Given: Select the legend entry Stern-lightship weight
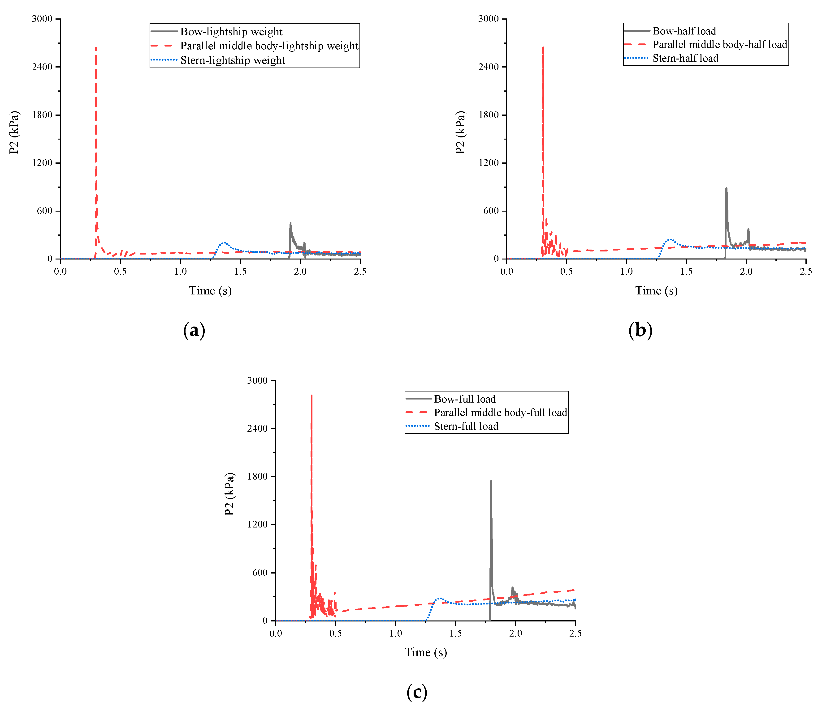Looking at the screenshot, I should (x=233, y=60).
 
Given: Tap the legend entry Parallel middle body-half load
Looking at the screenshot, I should (x=720, y=44).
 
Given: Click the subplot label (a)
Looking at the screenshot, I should (x=194, y=330).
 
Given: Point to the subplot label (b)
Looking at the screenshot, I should (x=640, y=330).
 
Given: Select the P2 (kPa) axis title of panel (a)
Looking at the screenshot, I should (x=14, y=132).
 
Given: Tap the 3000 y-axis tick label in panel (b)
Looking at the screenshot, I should (x=488, y=19).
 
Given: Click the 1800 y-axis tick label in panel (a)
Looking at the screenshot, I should (x=42, y=115).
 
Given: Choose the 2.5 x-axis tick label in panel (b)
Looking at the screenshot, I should (x=806, y=272).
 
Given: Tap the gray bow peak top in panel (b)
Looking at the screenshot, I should (x=726, y=189).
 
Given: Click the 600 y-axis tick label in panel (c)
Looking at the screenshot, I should (x=260, y=572).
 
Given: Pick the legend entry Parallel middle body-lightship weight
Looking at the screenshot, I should (x=269, y=46).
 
